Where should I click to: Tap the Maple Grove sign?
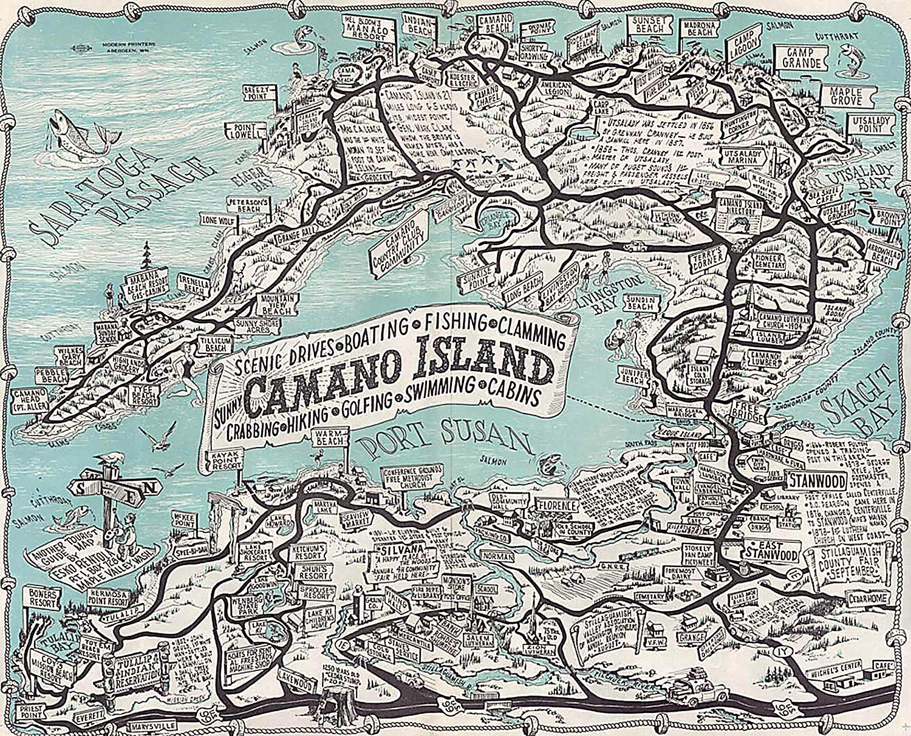(x=845, y=95)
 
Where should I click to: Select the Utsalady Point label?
(x=870, y=126)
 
